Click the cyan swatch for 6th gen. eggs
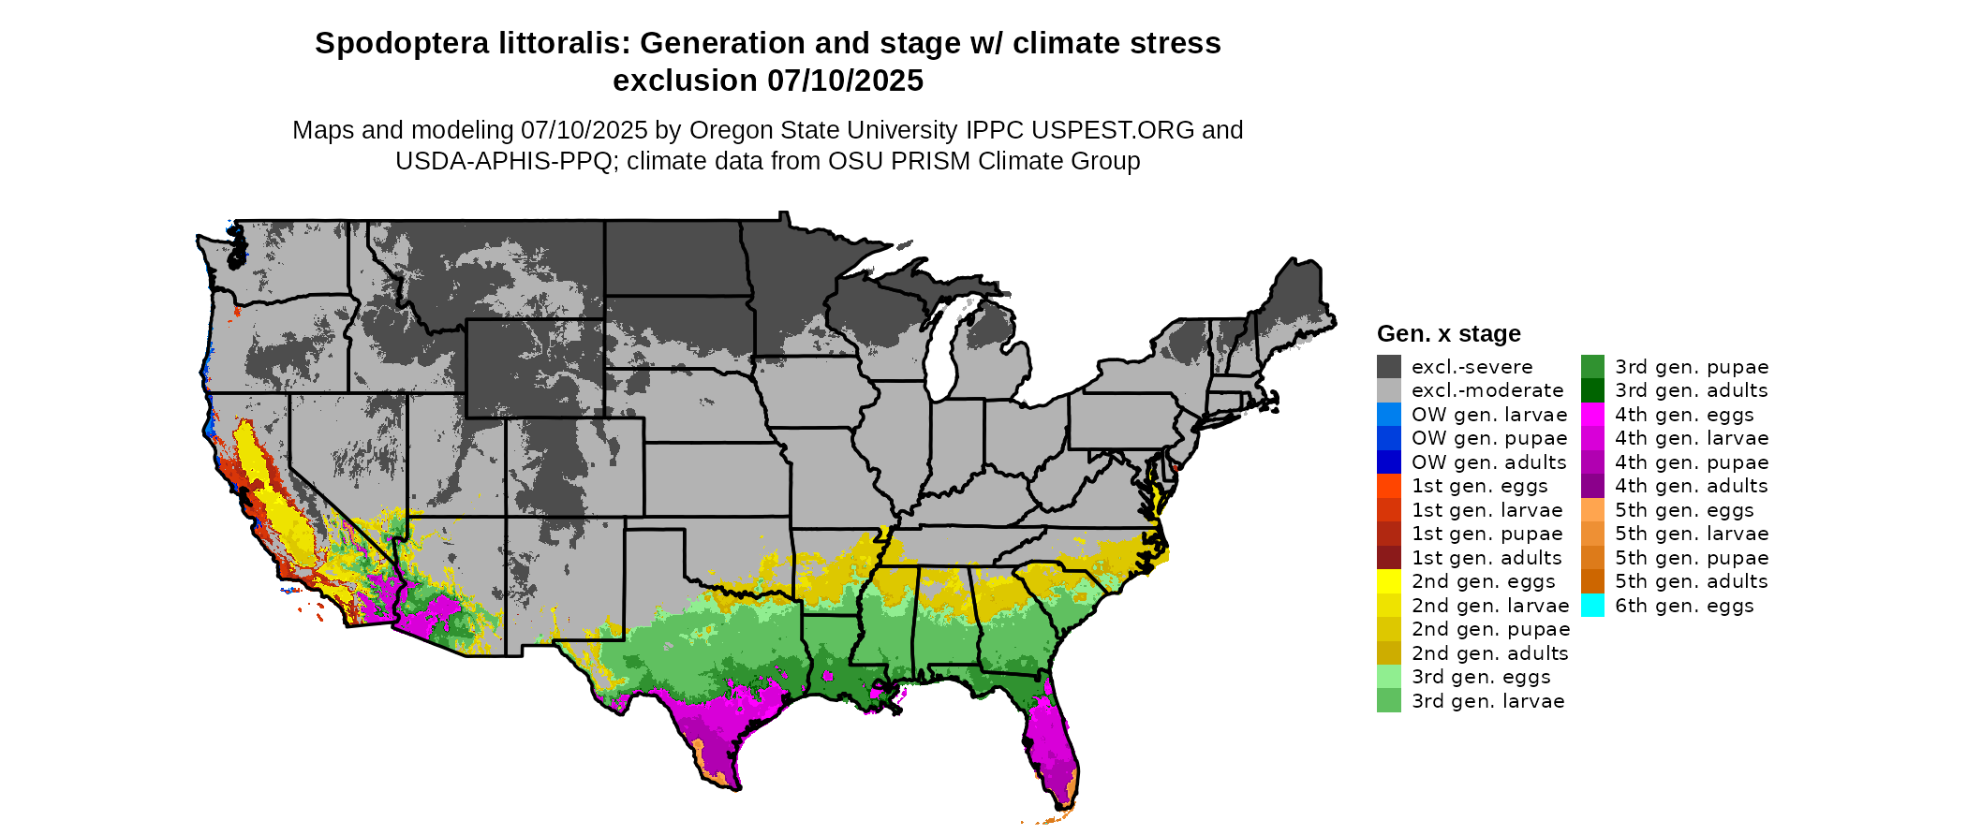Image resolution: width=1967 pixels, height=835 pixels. [x=1592, y=606]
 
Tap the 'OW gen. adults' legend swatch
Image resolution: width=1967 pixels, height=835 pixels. [x=1389, y=462]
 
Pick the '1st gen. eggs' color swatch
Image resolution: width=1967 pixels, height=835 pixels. [x=1389, y=486]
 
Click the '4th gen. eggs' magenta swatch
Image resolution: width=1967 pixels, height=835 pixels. [x=1592, y=415]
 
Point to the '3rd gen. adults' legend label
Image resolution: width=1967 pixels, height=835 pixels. [x=1691, y=390]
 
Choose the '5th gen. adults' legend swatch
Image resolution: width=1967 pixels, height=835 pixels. [x=1592, y=581]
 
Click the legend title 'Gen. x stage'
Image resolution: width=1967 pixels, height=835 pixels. [x=1448, y=333]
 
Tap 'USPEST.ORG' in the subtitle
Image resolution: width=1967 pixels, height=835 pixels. [x=1111, y=130]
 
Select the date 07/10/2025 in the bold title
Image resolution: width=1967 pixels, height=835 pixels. [x=845, y=81]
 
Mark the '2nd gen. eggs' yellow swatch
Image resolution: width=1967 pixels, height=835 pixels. [x=1389, y=581]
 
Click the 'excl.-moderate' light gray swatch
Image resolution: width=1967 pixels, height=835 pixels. [x=1389, y=390]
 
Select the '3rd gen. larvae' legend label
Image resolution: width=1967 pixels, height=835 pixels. [x=1487, y=701]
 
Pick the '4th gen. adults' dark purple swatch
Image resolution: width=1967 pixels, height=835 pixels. [x=1592, y=486]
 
